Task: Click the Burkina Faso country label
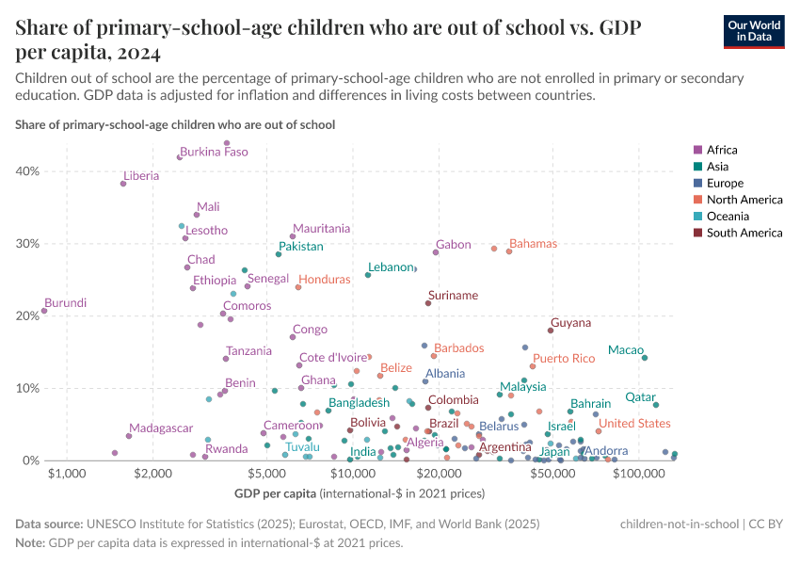tap(214, 152)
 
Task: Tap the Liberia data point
tap(123, 184)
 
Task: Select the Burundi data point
tap(44, 311)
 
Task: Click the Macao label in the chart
tap(626, 350)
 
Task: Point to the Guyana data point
tap(551, 331)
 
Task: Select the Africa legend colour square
tap(697, 150)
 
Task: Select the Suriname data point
tap(428, 303)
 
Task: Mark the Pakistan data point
tap(279, 254)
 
